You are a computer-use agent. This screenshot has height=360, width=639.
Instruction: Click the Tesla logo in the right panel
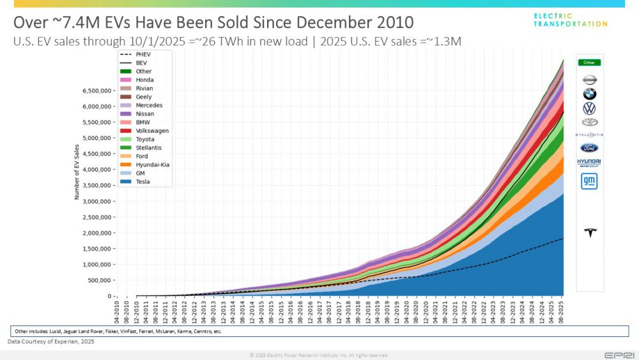point(589,232)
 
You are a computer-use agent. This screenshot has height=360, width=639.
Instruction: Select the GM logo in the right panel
point(589,182)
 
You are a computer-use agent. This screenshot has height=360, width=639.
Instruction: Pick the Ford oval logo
point(589,148)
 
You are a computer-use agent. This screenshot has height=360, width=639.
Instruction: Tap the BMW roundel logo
point(589,94)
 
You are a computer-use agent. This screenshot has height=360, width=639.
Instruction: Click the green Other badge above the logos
point(589,63)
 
